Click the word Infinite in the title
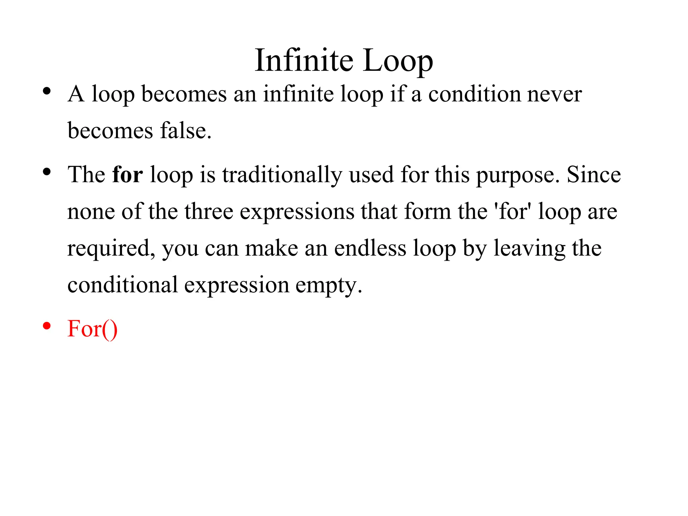click(304, 60)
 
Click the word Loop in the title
click(398, 60)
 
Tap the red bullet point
click(47, 326)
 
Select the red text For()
click(92, 329)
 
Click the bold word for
click(127, 175)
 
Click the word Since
click(594, 175)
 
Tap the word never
click(555, 94)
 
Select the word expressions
click(297, 212)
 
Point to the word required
click(111, 249)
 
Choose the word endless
click(370, 248)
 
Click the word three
click(209, 211)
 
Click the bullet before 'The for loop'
click(47, 172)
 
